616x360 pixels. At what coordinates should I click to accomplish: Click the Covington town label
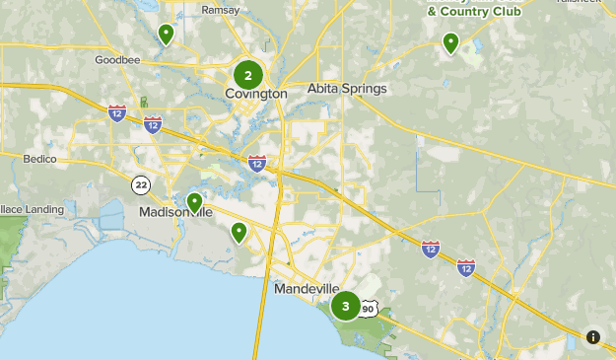click(255, 94)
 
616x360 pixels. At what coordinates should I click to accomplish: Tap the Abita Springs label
click(347, 89)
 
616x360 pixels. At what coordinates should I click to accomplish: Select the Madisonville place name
click(175, 212)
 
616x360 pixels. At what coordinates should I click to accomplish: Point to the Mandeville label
click(306, 265)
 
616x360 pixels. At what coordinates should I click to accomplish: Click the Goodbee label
click(118, 60)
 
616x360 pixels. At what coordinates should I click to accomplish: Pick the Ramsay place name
click(220, 10)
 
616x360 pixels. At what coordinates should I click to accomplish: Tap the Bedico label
click(40, 158)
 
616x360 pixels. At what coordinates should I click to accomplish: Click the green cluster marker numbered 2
click(248, 75)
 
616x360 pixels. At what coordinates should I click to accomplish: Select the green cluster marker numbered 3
click(346, 307)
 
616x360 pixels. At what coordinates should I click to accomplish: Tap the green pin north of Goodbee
click(166, 35)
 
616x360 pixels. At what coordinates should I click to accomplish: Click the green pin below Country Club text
click(450, 42)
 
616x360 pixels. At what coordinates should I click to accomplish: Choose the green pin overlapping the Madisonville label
click(194, 202)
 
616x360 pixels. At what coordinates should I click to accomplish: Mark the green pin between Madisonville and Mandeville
click(239, 233)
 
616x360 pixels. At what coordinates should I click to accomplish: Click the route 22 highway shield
click(142, 183)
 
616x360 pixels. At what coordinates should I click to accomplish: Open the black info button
click(593, 337)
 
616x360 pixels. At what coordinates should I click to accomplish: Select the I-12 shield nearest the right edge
click(466, 267)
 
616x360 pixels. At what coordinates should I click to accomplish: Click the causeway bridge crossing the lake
click(263, 316)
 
